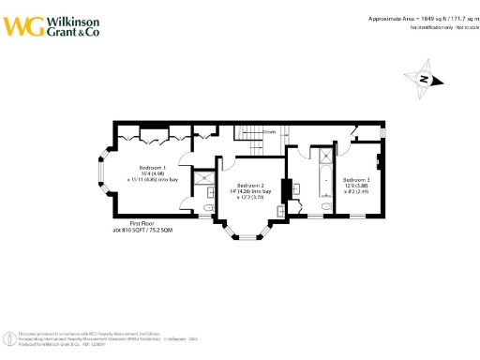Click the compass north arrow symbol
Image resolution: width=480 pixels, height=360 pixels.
click(422, 80)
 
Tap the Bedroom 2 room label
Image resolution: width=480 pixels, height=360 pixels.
click(250, 185)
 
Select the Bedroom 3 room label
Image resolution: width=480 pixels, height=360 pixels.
click(356, 178)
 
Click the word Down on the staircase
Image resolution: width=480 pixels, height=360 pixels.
click(269, 132)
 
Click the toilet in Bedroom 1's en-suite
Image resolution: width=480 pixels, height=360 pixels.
click(208, 196)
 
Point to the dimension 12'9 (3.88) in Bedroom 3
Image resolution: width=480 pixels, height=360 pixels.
click(356, 185)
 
